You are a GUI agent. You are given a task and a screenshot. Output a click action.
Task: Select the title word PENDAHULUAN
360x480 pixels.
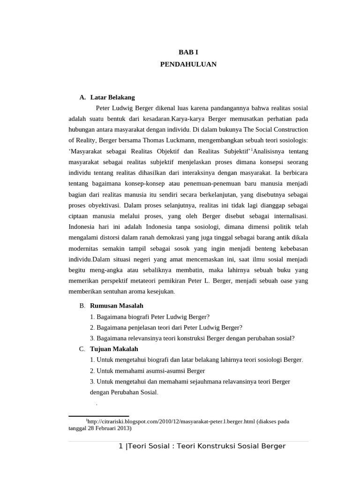[188, 64]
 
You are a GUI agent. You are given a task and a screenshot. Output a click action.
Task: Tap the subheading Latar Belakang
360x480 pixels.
[112, 97]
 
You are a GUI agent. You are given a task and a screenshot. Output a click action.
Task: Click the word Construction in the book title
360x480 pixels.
[289, 129]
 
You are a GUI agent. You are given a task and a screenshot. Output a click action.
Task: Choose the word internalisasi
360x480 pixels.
[287, 216]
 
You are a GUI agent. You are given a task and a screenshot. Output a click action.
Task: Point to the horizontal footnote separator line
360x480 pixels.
[98, 416]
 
